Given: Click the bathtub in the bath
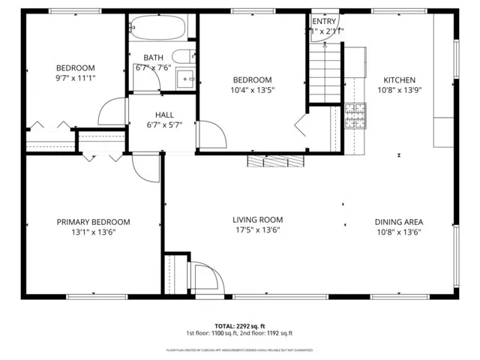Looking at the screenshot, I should pos(156,28).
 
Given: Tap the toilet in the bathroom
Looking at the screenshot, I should pos(182,56).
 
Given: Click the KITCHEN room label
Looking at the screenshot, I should pos(399,80).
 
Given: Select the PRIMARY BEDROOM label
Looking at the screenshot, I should pos(94,222).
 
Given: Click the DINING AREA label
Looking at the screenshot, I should pos(399,222).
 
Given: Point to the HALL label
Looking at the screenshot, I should pos(164,115).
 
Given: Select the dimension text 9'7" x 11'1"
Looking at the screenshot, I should pos(75,78).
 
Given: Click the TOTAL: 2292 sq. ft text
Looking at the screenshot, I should pos(239,326).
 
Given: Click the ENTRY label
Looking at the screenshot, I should pos(324,22).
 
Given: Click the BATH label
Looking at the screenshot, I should pos(154,58).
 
